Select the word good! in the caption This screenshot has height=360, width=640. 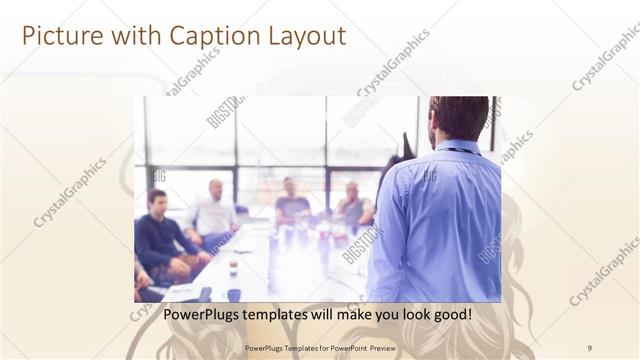[451, 314]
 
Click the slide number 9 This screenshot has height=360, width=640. [590, 347]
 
